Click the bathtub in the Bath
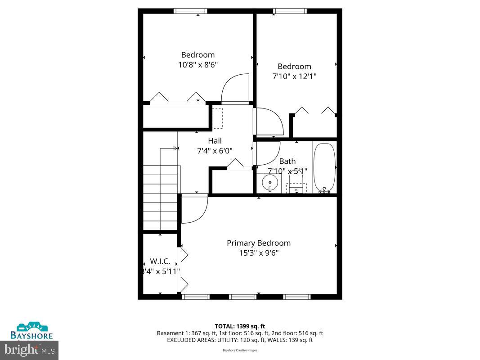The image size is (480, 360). point(324,167)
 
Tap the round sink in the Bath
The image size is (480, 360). point(269,183)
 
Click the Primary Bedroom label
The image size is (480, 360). point(258,243)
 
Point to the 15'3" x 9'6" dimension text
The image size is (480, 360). point(258,253)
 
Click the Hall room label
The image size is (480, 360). point(215,141)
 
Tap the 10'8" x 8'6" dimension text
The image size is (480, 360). point(198,65)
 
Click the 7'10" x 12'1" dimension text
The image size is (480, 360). point(294,76)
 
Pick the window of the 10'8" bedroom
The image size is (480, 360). point(190,11)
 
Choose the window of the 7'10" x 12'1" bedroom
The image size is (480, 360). point(290,11)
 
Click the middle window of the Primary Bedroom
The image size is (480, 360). point(243,297)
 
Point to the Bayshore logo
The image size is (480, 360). point(32,331)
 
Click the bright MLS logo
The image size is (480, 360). point(30,349)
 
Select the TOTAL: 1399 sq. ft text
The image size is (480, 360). point(240,326)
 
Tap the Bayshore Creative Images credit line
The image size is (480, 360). point(240,350)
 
